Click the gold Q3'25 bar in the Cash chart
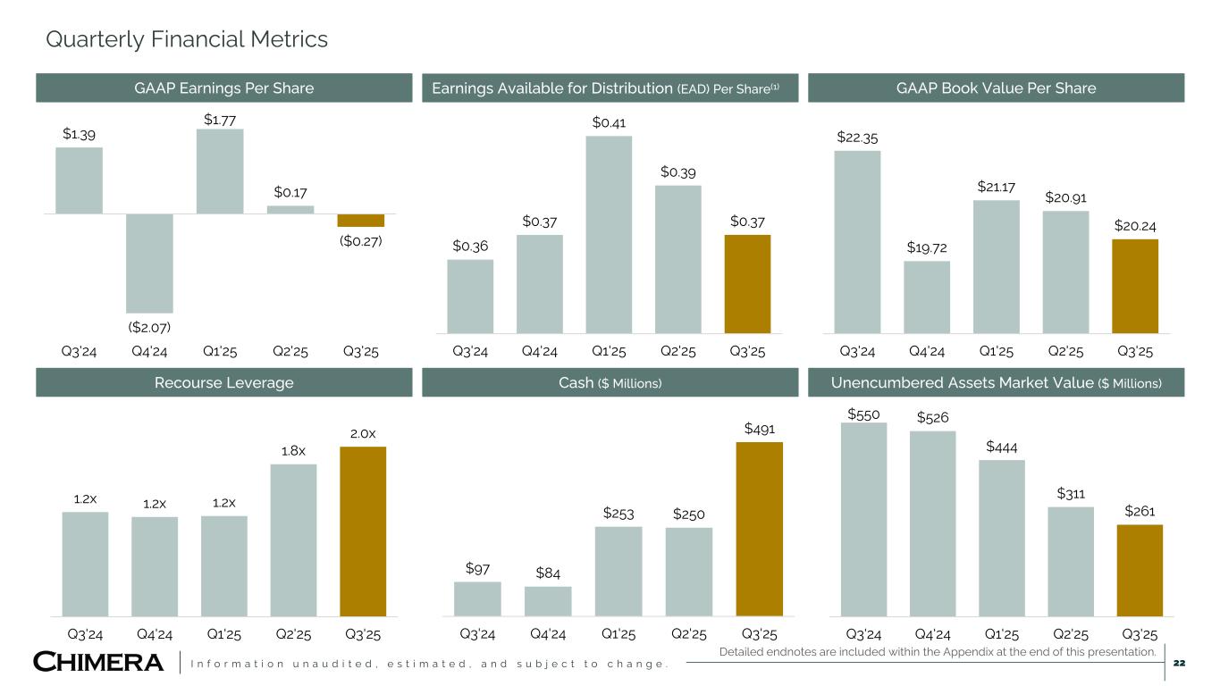(x=759, y=528)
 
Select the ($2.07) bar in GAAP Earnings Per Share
(x=149, y=263)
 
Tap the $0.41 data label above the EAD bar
(x=608, y=121)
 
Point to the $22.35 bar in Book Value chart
(x=857, y=241)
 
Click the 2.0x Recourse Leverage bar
(x=363, y=531)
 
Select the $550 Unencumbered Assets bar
(x=863, y=519)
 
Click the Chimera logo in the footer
(x=98, y=663)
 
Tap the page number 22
(x=1179, y=663)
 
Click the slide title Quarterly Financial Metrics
(x=187, y=39)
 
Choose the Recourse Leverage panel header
(x=223, y=383)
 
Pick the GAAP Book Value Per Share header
(x=996, y=88)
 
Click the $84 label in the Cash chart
(x=547, y=573)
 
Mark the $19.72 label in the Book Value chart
(x=926, y=247)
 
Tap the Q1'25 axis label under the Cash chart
(x=618, y=634)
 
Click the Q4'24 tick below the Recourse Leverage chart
(x=155, y=634)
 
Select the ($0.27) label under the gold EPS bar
(x=360, y=240)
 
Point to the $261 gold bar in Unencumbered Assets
(x=1140, y=570)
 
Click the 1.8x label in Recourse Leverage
(x=293, y=450)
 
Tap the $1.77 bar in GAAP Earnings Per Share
(x=220, y=171)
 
